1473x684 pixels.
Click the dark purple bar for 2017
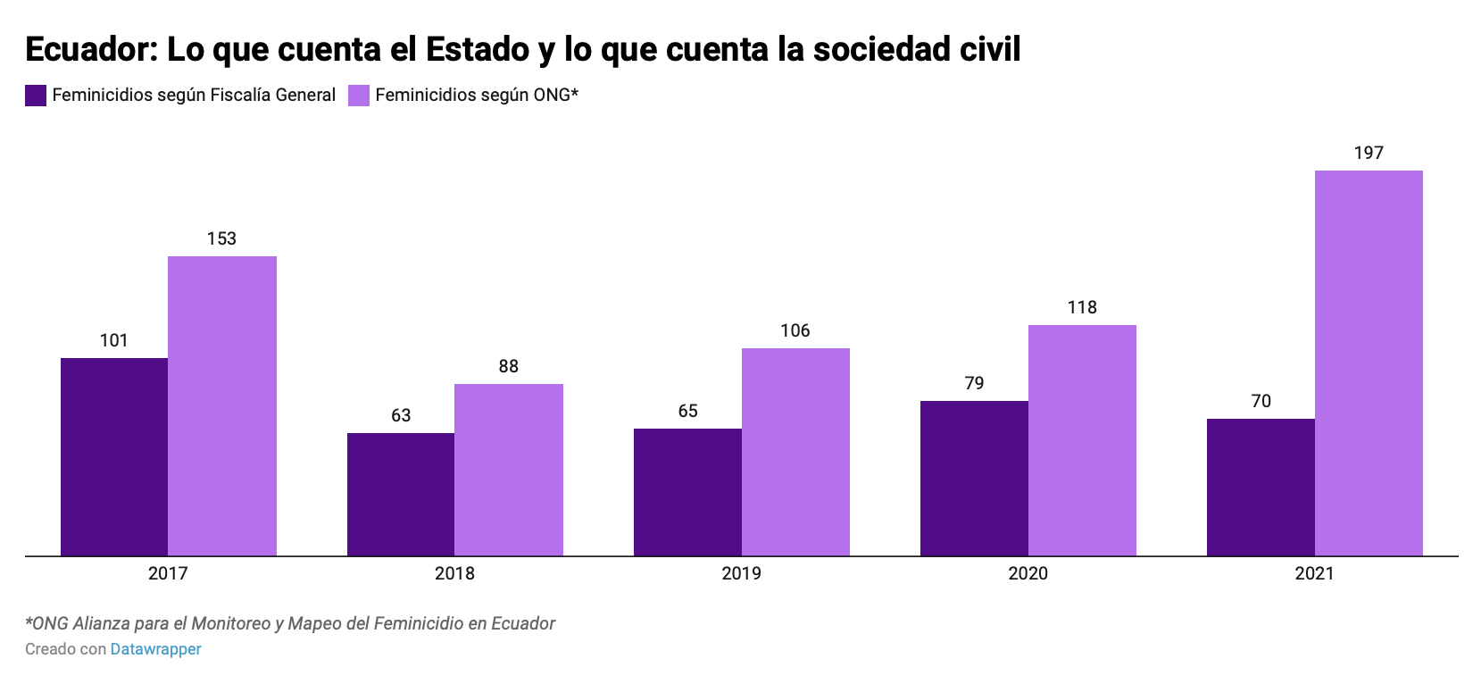pyautogui.click(x=114, y=456)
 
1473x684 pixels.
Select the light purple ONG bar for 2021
pyautogui.click(x=1369, y=363)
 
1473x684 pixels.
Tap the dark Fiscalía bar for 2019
pyautogui.click(x=687, y=492)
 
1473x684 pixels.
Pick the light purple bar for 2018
pyautogui.click(x=509, y=470)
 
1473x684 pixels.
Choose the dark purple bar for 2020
pyautogui.click(x=974, y=478)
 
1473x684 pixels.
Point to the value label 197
pyautogui.click(x=1369, y=153)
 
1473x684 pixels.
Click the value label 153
pyautogui.click(x=221, y=238)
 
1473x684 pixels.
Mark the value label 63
pyautogui.click(x=401, y=415)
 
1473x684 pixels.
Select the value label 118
pyautogui.click(x=1082, y=307)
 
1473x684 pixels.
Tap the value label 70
pyautogui.click(x=1261, y=401)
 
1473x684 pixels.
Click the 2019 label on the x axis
pyautogui.click(x=741, y=573)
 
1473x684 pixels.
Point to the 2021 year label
pyautogui.click(x=1314, y=573)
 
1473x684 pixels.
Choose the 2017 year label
pyautogui.click(x=168, y=573)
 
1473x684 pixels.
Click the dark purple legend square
pyautogui.click(x=36, y=96)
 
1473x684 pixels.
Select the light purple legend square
pyautogui.click(x=359, y=96)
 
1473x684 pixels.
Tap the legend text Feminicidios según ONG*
pyautogui.click(x=477, y=95)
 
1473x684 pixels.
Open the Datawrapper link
pyautogui.click(x=155, y=649)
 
